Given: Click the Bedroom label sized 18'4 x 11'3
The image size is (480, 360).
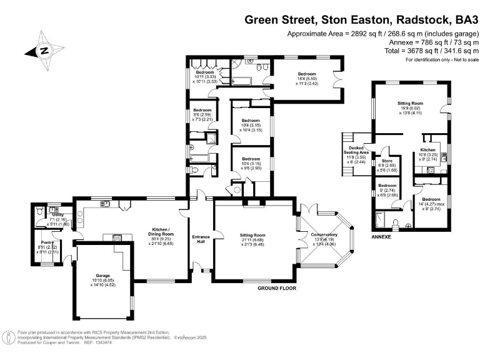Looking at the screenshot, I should (306, 74).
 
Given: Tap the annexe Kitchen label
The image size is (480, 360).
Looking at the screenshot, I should (427, 151).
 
